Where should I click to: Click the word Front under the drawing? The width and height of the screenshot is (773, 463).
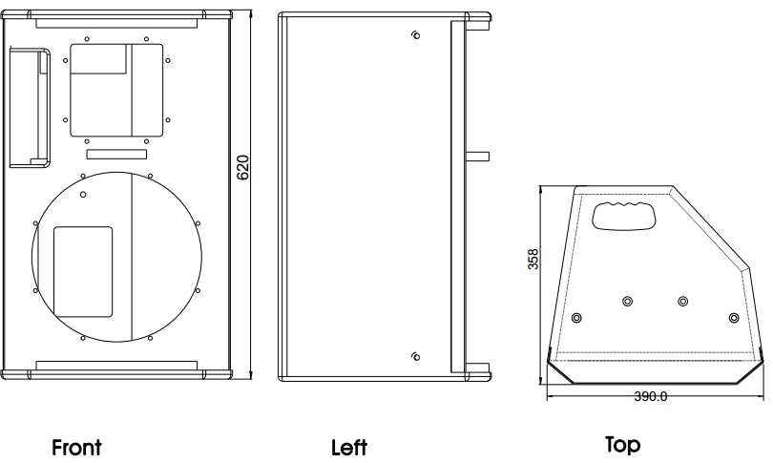coord(76,447)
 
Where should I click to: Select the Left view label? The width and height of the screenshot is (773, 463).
coord(349,448)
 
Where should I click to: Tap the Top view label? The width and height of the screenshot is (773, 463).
coord(622,444)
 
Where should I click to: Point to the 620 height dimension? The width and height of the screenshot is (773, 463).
coord(243,167)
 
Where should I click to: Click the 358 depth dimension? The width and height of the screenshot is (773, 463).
coord(533,259)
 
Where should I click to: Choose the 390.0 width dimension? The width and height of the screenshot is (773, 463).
coord(650,396)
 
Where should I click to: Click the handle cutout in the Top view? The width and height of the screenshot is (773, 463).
coord(624,216)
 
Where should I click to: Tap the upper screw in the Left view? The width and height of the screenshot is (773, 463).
coord(415,35)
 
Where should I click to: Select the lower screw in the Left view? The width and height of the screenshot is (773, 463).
coord(415,356)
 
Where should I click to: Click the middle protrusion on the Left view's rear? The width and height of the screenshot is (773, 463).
coord(477,157)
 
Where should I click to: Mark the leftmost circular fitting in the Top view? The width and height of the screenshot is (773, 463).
coord(576,318)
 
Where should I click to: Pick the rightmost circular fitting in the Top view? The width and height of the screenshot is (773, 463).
coord(734,318)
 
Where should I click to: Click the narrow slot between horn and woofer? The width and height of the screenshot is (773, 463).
coord(116,155)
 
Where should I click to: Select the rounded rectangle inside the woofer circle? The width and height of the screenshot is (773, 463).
coord(83,272)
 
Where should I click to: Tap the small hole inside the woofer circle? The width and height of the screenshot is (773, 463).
coord(83,195)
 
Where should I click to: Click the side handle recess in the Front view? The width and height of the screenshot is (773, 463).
coord(30,108)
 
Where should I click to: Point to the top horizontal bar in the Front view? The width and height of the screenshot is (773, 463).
coord(116,23)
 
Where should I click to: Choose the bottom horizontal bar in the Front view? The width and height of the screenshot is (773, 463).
coord(116,366)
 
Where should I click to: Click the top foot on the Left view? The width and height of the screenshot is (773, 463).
coord(478,21)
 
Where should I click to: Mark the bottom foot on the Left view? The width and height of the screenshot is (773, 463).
coord(477,371)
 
